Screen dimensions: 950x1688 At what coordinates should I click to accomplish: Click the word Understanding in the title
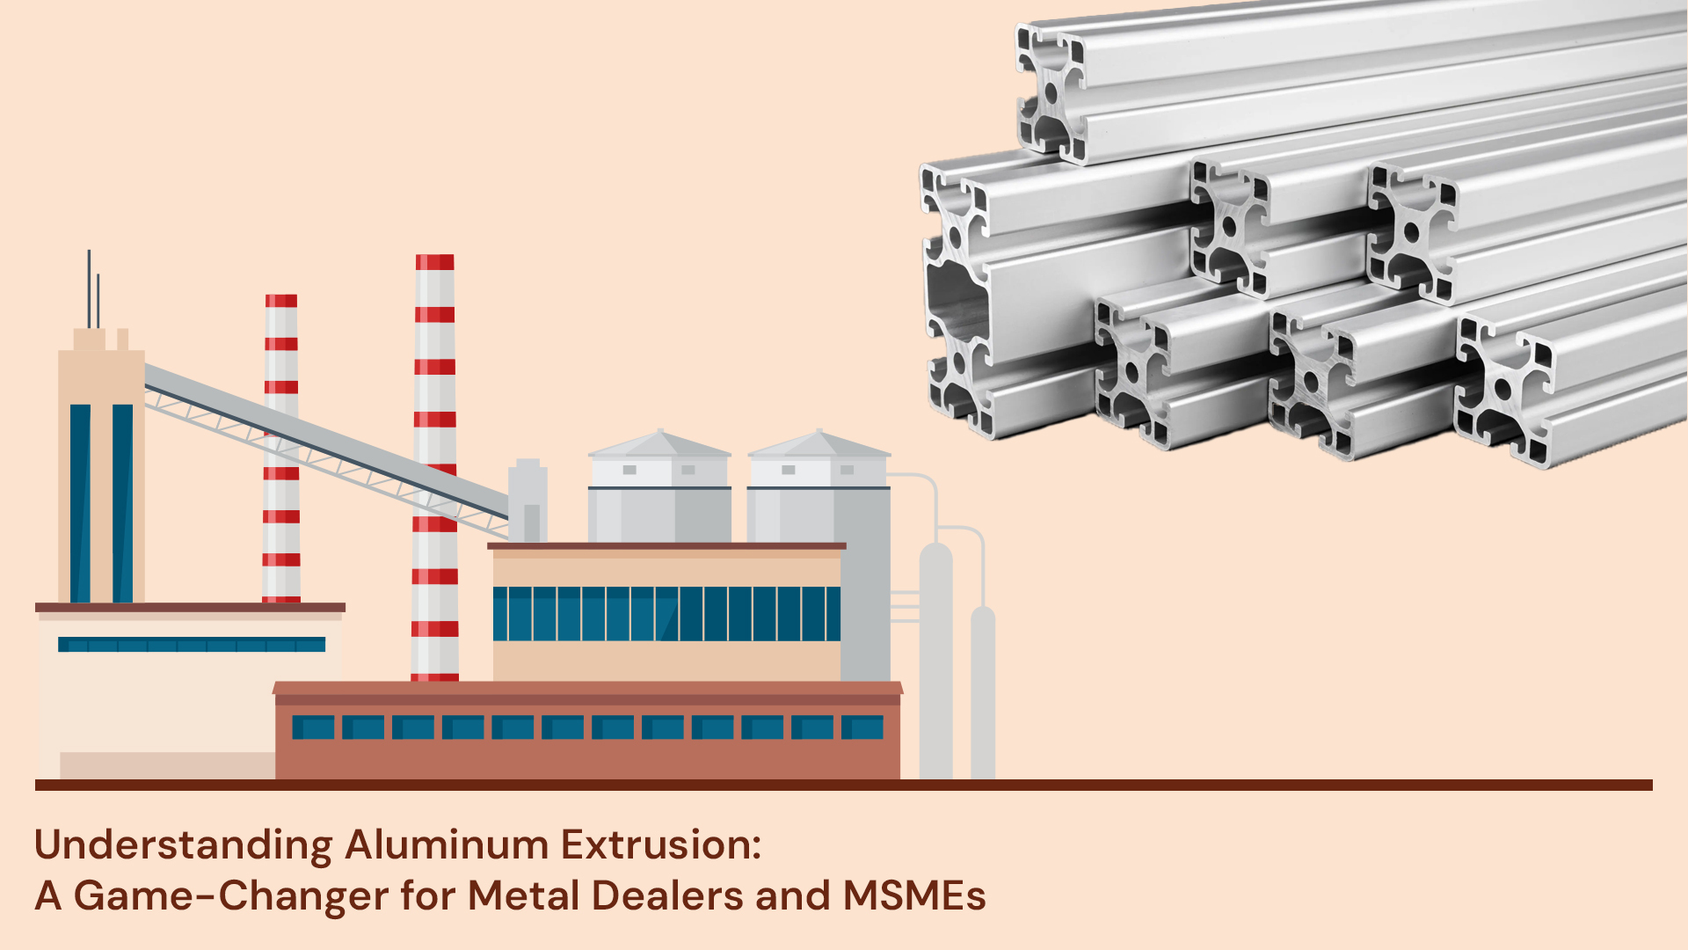coord(183,846)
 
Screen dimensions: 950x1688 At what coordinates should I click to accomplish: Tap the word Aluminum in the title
coord(447,844)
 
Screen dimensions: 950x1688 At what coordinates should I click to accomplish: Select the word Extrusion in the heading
coord(659,844)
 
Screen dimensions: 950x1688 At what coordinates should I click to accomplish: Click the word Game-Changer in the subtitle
coord(230,896)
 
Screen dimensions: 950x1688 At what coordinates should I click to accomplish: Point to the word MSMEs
coord(914,895)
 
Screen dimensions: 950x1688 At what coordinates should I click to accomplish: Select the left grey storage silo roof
coord(659,444)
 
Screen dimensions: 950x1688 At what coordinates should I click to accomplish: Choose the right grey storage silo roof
coord(819,444)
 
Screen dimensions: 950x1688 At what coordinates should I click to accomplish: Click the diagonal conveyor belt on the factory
coord(325,440)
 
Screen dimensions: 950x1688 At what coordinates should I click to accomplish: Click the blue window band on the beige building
coord(666,613)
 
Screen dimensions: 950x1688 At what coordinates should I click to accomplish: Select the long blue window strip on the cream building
coord(192,645)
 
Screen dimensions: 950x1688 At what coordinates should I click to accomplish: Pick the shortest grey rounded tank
coord(983,691)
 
